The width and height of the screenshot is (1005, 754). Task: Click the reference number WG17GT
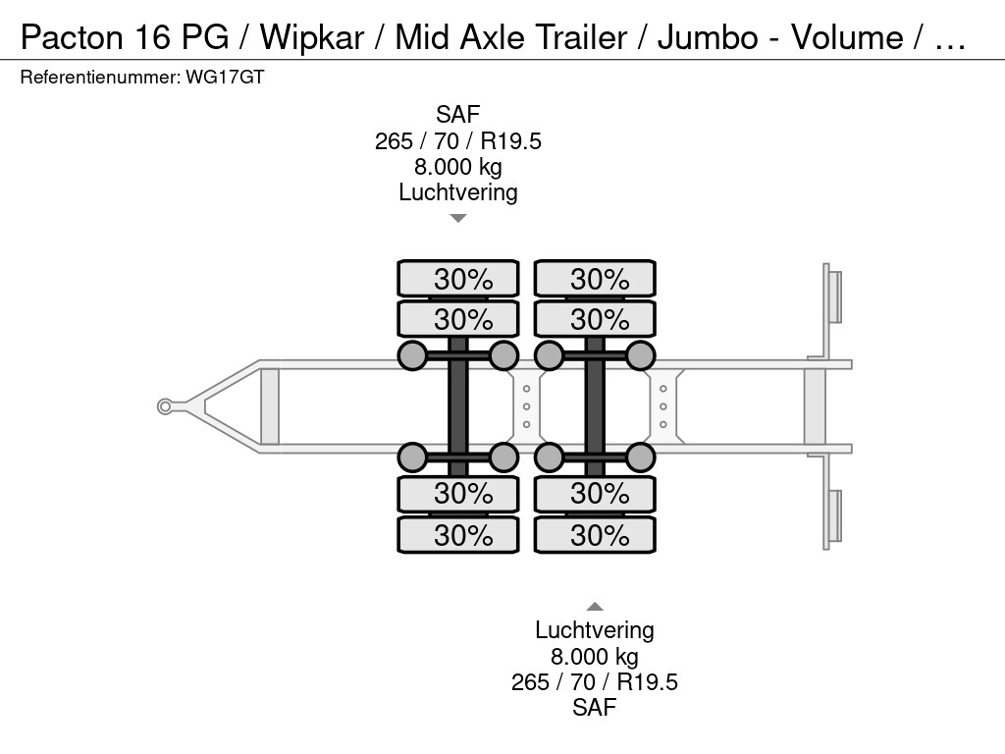(x=225, y=78)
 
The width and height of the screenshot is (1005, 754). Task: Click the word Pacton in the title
(x=71, y=37)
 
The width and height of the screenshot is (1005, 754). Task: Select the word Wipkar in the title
(x=311, y=37)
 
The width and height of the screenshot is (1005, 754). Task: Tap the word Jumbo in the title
(x=708, y=37)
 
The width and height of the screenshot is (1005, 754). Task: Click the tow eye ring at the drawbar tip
(x=165, y=406)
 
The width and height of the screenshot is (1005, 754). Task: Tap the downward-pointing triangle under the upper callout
(x=457, y=218)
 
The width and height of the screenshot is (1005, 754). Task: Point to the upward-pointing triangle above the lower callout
(x=594, y=607)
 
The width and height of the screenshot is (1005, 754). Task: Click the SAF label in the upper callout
(x=457, y=115)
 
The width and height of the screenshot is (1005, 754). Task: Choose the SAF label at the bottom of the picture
(x=594, y=708)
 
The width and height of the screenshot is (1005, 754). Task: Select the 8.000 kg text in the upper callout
(x=457, y=167)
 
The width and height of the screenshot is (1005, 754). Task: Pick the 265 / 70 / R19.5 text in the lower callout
(x=594, y=682)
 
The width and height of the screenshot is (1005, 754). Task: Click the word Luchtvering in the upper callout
(x=457, y=192)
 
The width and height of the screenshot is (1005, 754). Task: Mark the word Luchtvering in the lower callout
(x=594, y=630)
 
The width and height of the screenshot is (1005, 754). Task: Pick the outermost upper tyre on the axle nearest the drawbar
(x=457, y=279)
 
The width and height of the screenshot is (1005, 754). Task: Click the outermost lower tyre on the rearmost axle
(x=594, y=535)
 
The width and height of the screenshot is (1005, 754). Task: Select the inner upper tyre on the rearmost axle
(x=594, y=319)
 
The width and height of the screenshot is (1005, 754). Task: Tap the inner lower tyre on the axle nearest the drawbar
(x=457, y=494)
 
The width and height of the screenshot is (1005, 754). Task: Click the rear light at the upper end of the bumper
(x=835, y=296)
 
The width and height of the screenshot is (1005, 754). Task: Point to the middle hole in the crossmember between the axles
(x=526, y=406)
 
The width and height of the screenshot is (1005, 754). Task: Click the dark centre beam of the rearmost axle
(x=594, y=406)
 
